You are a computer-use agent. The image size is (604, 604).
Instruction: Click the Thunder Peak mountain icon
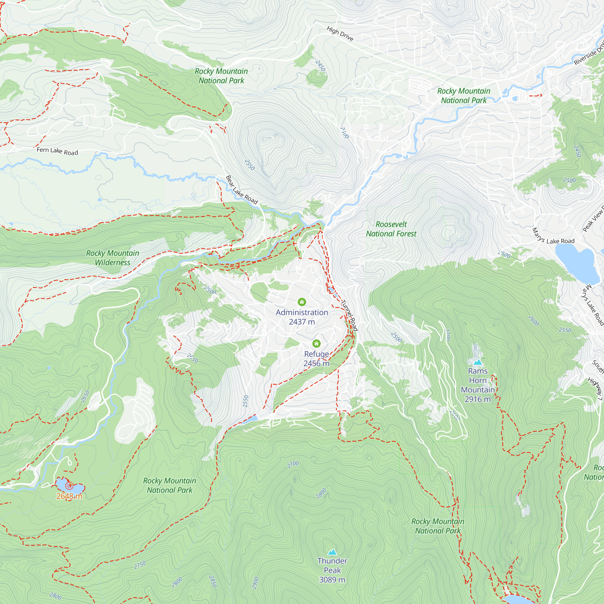pyautogui.click(x=332, y=552)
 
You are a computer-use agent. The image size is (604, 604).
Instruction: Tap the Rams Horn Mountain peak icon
pyautogui.click(x=477, y=362)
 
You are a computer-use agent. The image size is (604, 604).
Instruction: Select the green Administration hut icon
pyautogui.click(x=302, y=302)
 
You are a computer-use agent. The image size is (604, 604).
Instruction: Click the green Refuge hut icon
pyautogui.click(x=316, y=344)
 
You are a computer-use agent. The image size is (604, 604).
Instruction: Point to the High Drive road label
pyautogui.click(x=340, y=34)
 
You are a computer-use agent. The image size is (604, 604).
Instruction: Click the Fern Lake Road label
pyautogui.click(x=57, y=151)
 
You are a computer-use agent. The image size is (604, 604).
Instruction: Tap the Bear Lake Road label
pyautogui.click(x=241, y=190)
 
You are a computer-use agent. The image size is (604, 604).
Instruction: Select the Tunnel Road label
pyautogui.click(x=349, y=315)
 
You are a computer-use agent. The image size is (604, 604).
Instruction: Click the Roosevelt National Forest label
pyautogui.click(x=391, y=229)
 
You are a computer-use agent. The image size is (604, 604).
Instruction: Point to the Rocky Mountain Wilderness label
pyautogui.click(x=113, y=258)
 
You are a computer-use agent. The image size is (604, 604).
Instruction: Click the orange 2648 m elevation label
pyautogui.click(x=69, y=496)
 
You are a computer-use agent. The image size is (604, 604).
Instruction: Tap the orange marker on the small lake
pyautogui.click(x=69, y=486)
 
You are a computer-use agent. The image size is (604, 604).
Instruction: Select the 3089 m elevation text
pyautogui.click(x=332, y=580)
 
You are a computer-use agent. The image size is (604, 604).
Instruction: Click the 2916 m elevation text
pyautogui.click(x=477, y=399)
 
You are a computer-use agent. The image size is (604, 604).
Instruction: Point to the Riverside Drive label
pyautogui.click(x=589, y=54)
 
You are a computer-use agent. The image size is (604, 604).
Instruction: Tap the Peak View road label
pyautogui.click(x=593, y=220)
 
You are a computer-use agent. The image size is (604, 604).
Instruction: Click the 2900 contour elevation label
pyautogui.click(x=255, y=583)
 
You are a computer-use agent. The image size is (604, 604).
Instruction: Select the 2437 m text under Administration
pyautogui.click(x=302, y=322)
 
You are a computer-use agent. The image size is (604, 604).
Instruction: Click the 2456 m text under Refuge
pyautogui.click(x=316, y=363)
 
